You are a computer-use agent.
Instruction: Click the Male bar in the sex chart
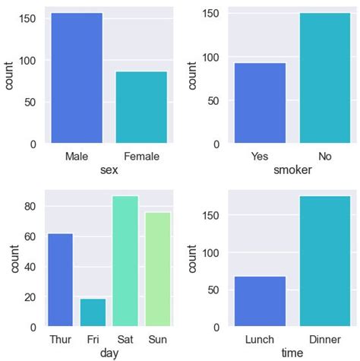coord(77,78)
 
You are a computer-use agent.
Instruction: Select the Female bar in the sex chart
coord(141,107)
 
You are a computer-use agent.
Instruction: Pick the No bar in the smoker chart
coord(324,78)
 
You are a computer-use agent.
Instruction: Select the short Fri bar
coord(93,312)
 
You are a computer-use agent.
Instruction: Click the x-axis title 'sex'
coord(109,170)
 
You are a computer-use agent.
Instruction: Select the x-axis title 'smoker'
coord(292,170)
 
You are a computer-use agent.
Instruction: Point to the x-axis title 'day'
coord(109,353)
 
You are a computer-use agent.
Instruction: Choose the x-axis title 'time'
coord(292,353)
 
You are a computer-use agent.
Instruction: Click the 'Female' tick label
coord(141,157)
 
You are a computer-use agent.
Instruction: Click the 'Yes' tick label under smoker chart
coord(259,157)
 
